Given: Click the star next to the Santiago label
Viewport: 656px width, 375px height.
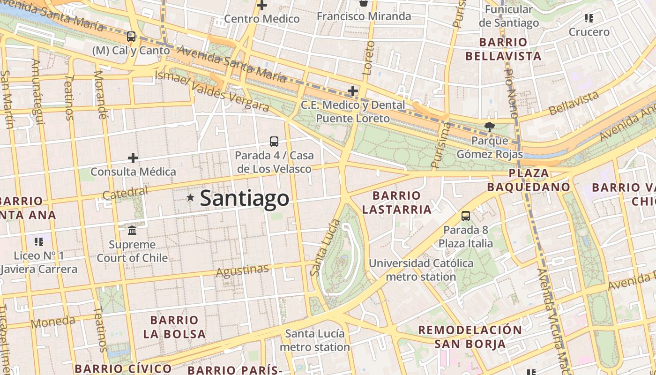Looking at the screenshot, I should click(x=190, y=198).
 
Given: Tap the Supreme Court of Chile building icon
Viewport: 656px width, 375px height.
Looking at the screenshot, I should click(x=132, y=230).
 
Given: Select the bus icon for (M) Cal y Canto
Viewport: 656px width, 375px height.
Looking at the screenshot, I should click(x=131, y=36).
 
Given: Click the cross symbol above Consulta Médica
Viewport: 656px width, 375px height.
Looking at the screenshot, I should click(x=133, y=157).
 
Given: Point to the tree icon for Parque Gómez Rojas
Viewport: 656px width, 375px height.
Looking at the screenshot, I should click(x=489, y=126).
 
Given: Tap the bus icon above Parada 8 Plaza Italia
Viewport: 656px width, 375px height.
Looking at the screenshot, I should click(x=465, y=216).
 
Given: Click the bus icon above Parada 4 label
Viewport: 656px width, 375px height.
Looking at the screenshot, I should click(x=274, y=141).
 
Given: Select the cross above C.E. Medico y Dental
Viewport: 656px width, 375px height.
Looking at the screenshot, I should click(x=353, y=90).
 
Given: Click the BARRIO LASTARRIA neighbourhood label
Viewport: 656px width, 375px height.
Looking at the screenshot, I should click(x=396, y=202).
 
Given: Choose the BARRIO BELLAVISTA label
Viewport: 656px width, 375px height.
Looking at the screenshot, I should click(x=503, y=49).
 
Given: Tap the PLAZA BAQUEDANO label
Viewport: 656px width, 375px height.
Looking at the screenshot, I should click(x=529, y=180).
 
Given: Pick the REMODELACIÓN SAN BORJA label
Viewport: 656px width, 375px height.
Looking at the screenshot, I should click(x=470, y=337).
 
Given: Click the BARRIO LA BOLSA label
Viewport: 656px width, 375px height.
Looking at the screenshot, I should click(x=174, y=327).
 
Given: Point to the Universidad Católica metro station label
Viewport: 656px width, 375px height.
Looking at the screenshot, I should click(x=421, y=270).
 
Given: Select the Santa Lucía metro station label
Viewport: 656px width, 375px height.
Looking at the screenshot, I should click(x=315, y=340).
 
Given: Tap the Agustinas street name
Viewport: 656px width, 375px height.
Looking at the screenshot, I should click(x=242, y=270).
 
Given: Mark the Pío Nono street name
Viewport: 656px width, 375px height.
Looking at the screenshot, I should click(x=511, y=93).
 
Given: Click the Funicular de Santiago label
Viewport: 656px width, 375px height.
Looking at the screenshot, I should click(x=509, y=16).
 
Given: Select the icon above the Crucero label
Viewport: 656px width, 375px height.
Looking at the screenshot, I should click(x=589, y=19).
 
